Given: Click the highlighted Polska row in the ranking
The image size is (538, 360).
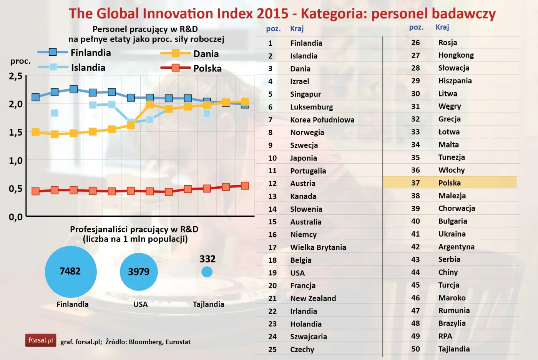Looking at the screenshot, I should pyautogui.click(x=449, y=183).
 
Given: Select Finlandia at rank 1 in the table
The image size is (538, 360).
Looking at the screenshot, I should pyautogui.click(x=306, y=43).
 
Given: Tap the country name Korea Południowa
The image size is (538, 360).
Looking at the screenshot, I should pyautogui.click(x=322, y=120).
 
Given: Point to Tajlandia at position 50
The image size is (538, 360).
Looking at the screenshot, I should pyautogui.click(x=454, y=349).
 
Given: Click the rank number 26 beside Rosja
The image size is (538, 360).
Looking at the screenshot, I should pyautogui.click(x=415, y=43).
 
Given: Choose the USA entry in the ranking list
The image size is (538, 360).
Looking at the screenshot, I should pyautogui.click(x=297, y=273).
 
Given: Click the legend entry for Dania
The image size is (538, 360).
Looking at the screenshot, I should pyautogui.click(x=190, y=54).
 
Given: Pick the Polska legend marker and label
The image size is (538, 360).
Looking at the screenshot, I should pyautogui.click(x=191, y=68).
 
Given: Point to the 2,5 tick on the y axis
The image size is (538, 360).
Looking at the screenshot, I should pyautogui.click(x=16, y=76).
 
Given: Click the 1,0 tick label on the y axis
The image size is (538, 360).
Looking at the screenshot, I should pyautogui.click(x=16, y=161).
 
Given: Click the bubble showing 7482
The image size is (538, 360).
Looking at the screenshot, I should pyautogui.click(x=71, y=272).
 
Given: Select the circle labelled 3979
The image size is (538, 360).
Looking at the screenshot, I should pyautogui.click(x=139, y=272).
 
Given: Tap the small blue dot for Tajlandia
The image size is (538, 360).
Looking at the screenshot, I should pyautogui.click(x=207, y=272).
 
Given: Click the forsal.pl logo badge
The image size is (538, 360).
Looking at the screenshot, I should pyautogui.click(x=41, y=340).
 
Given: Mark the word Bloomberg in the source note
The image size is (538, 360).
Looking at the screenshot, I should pyautogui.click(x=145, y=342).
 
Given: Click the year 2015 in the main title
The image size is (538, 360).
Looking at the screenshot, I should pyautogui.click(x=272, y=13).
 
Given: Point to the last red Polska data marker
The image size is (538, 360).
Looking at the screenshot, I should pyautogui.click(x=245, y=186).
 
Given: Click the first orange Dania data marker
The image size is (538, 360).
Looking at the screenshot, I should pyautogui.click(x=36, y=132).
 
